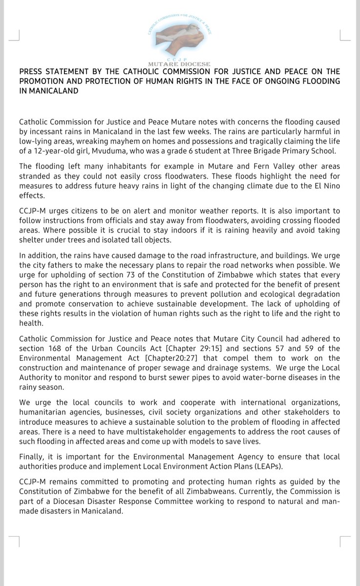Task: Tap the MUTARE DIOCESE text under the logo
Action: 180,64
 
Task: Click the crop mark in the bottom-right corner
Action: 345,541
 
